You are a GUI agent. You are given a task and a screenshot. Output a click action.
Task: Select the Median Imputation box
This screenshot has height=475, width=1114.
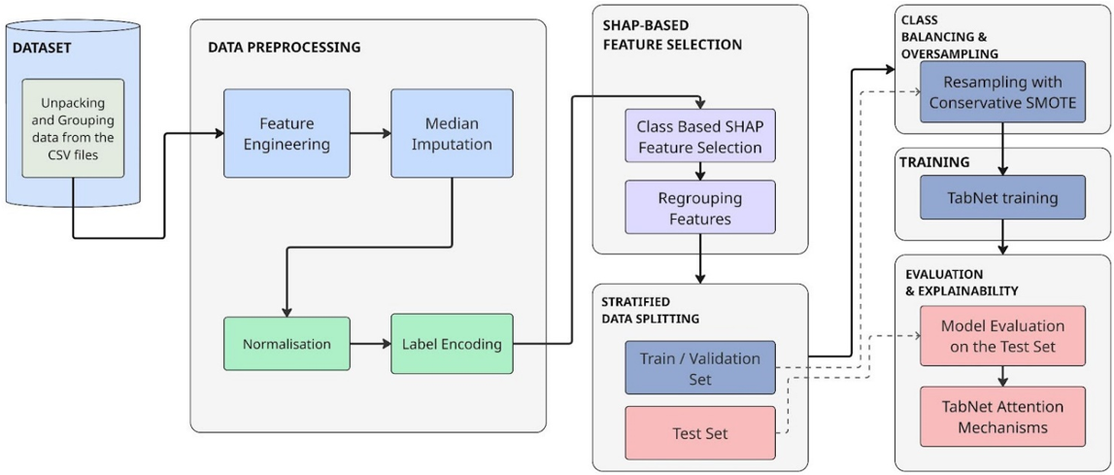452,133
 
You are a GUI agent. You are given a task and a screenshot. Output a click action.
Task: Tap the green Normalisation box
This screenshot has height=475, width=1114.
287,344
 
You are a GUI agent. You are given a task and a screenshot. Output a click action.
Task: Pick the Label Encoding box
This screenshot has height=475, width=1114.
452,344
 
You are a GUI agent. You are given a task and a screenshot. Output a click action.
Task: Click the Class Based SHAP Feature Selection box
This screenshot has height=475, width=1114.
700,137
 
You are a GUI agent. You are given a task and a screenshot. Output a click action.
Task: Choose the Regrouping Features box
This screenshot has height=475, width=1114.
700,207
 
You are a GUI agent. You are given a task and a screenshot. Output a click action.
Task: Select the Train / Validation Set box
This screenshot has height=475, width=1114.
700,367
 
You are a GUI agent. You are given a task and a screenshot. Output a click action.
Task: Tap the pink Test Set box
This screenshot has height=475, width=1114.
700,432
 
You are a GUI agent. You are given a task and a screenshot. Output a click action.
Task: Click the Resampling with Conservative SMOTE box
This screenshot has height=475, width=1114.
1002,91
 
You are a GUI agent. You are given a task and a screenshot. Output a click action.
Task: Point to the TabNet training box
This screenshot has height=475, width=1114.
1002,198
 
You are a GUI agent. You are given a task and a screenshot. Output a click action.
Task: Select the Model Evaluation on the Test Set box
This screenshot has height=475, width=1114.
1002,336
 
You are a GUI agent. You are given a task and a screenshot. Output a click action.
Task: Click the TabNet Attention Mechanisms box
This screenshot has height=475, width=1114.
1002,418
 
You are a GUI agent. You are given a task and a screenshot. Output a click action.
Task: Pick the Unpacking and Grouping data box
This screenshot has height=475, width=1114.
73,127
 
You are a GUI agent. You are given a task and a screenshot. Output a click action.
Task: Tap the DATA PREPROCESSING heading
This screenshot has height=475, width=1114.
285,48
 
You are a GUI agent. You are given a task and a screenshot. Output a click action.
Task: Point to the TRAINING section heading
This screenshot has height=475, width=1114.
934,162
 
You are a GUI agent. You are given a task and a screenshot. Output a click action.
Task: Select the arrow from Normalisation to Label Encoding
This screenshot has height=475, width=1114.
370,344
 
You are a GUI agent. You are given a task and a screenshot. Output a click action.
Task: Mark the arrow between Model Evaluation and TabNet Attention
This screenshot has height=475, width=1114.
1002,377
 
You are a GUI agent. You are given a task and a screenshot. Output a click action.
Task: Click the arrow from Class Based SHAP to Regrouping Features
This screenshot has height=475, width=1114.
700,171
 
